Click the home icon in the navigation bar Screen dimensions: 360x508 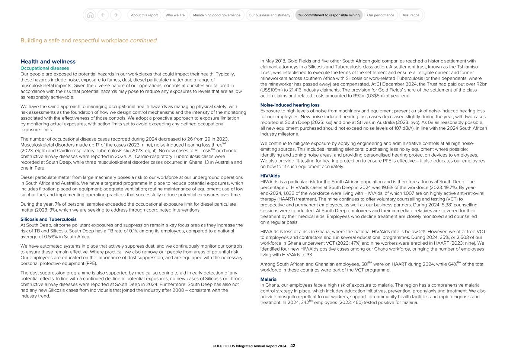coord(90,15)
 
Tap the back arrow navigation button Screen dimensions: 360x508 coord(103,15)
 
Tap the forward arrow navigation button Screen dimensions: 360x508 coord(116,15)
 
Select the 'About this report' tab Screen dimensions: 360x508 coord(144,15)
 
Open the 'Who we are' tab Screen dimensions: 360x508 coord(175,15)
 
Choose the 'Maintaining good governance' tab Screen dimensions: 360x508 coord(217,15)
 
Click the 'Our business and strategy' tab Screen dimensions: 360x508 coord(269,15)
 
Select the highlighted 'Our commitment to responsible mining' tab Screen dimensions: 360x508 coord(329,15)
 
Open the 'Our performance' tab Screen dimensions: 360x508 coord(380,15)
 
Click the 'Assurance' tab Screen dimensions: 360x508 coord(411,15)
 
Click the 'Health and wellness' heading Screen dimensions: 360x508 coord(48,62)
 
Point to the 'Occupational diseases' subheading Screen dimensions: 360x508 coord(45,68)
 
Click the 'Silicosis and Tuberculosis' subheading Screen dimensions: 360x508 coord(48,219)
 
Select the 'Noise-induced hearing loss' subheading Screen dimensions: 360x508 coord(290,105)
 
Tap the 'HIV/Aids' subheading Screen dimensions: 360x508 coord(270,176)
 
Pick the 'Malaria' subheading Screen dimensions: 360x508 coord(268,279)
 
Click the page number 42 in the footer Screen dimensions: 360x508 coord(293,346)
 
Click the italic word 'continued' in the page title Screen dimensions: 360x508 coord(143,41)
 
